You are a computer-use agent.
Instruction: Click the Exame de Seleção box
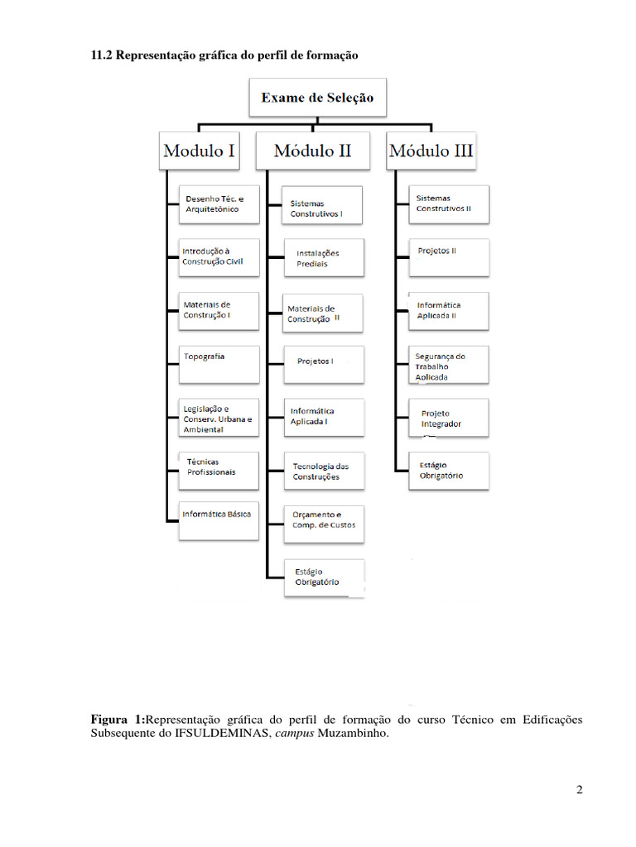point(318,98)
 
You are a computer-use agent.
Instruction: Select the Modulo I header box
point(200,151)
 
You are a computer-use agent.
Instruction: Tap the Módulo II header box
point(313,151)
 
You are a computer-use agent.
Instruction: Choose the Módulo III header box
point(431,151)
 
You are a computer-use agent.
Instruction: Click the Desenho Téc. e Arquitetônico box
point(219,204)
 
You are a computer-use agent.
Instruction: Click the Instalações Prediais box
point(323,257)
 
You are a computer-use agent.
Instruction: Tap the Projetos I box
point(323,364)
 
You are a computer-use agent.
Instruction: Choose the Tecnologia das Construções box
point(323,471)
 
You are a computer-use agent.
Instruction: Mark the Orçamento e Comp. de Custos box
point(323,523)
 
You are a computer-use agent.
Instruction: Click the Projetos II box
point(449,256)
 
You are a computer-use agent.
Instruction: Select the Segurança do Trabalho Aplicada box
point(449,365)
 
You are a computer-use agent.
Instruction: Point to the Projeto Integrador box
point(449,418)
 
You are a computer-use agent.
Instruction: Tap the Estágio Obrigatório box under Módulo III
point(449,471)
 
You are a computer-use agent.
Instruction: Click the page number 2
point(580,790)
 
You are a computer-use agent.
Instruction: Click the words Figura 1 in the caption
point(117,720)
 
